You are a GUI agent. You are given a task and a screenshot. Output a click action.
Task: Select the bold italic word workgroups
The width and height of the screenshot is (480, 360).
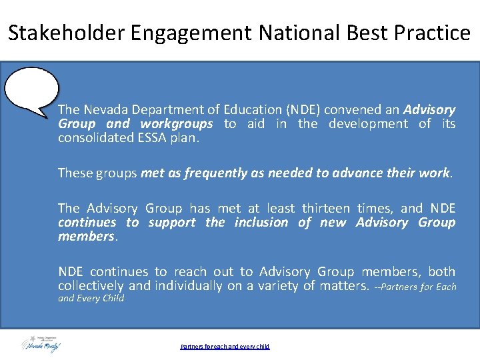(x=177, y=124)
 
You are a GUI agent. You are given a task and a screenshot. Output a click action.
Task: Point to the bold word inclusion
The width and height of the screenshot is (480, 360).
(x=262, y=223)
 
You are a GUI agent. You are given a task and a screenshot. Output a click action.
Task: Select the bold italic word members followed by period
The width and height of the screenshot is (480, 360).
(x=87, y=237)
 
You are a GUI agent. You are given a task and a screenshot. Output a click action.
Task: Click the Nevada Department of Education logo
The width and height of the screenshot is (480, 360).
(x=41, y=344)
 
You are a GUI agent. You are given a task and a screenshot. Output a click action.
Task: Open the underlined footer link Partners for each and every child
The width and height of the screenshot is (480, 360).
(x=225, y=346)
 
